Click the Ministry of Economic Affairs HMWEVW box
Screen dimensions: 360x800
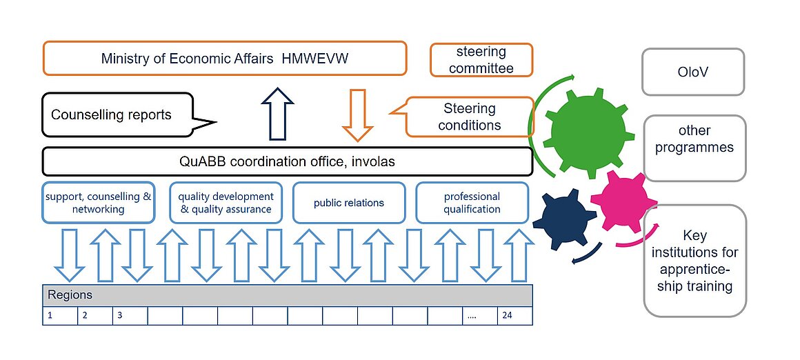[x=225, y=59]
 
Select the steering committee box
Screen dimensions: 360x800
[x=481, y=61]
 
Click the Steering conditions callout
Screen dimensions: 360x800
[x=470, y=117]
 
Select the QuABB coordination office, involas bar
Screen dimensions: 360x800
[x=287, y=161]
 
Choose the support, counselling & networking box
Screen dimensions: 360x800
[x=98, y=203]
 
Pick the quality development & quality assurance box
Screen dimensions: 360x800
[x=226, y=203]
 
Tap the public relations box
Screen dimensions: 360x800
[x=348, y=203]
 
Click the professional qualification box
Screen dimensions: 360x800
[x=472, y=203]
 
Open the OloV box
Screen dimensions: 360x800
[x=693, y=72]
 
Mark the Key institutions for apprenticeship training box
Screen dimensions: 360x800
[x=694, y=260]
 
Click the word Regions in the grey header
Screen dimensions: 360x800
[x=70, y=295]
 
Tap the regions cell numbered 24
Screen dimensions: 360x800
[x=514, y=316]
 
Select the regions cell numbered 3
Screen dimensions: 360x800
[x=129, y=316]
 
